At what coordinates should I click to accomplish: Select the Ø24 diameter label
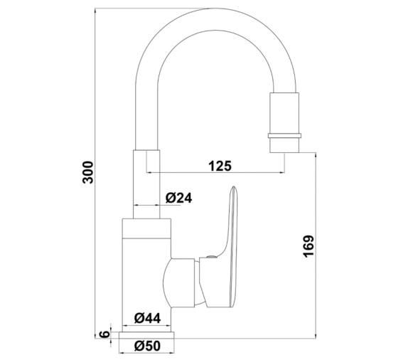point(179,198)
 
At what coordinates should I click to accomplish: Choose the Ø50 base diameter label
point(147,347)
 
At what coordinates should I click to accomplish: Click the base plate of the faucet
point(147,333)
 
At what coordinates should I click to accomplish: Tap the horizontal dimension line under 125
point(220,173)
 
